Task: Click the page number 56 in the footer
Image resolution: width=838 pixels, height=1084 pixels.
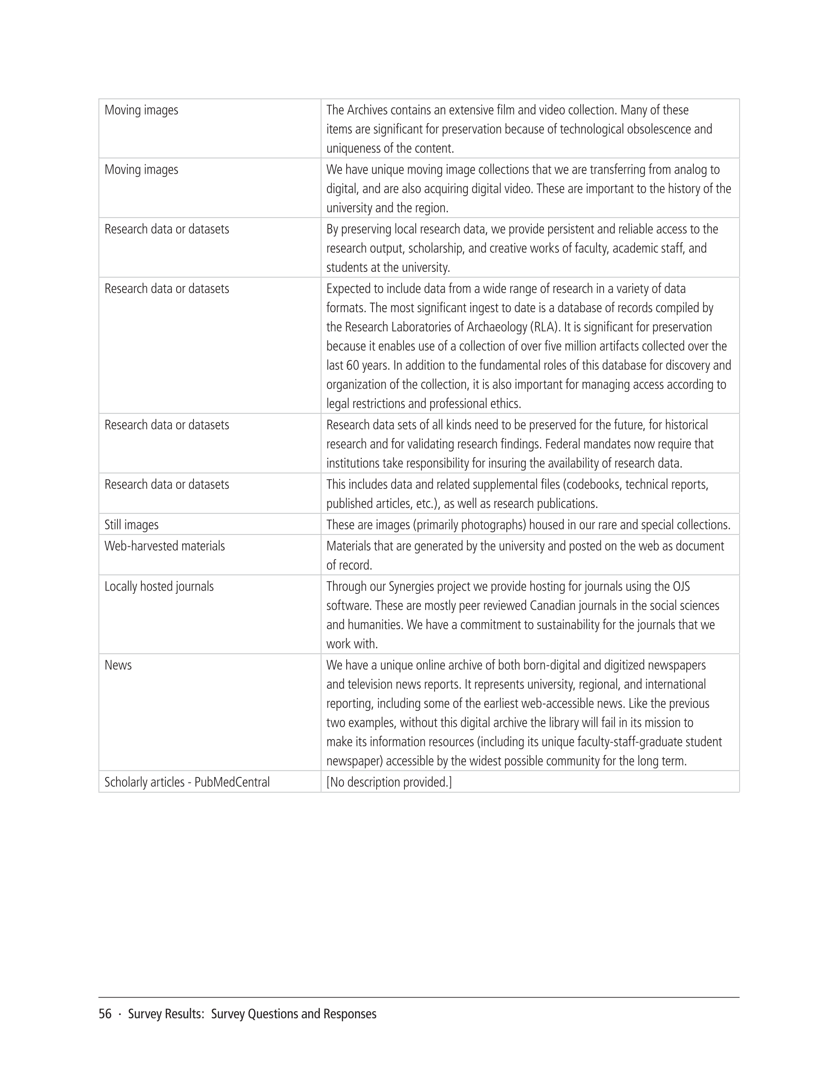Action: pyautogui.click(x=105, y=1014)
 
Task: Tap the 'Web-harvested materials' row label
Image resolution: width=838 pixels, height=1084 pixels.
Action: pyautogui.click(x=164, y=546)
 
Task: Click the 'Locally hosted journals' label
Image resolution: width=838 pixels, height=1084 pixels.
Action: pyautogui.click(x=159, y=586)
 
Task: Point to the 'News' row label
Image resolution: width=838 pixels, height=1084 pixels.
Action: pyautogui.click(x=118, y=665)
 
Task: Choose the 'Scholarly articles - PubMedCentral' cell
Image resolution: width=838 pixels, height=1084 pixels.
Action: pyautogui.click(x=187, y=782)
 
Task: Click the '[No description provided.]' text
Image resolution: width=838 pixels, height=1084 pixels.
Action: pyautogui.click(x=389, y=782)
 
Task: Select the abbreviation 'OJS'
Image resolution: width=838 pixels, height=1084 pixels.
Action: pyautogui.click(x=681, y=586)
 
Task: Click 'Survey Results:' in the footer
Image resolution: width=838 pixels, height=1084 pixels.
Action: pyautogui.click(x=166, y=1014)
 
